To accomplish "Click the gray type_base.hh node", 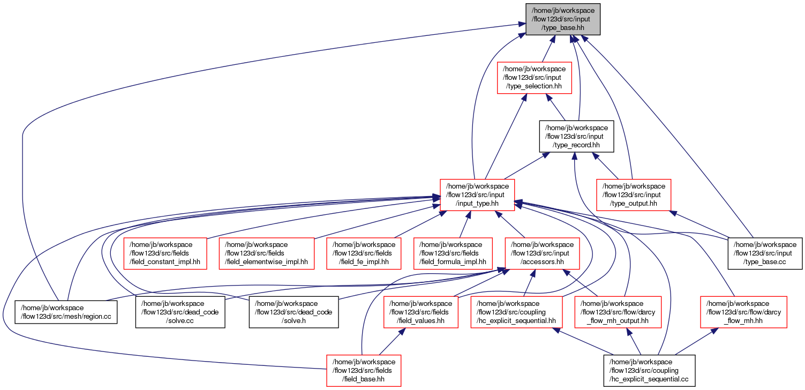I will click(562, 20).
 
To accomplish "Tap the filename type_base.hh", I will click(563, 28).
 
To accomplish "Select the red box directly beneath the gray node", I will click(535, 78).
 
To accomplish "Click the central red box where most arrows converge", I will click(477, 194).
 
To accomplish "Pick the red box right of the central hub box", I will click(634, 194).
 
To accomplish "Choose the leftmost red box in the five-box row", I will click(165, 253).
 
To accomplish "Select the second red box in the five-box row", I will click(266, 253).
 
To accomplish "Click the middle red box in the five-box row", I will click(364, 253).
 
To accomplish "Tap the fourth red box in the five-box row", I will click(453, 253).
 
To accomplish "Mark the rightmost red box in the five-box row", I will click(542, 253).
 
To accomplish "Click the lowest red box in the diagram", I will click(364, 370).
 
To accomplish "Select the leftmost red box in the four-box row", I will click(421, 312).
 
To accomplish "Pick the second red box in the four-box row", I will click(516, 312).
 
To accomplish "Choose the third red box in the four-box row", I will click(618, 312).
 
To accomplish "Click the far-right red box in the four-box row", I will click(743, 312).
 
